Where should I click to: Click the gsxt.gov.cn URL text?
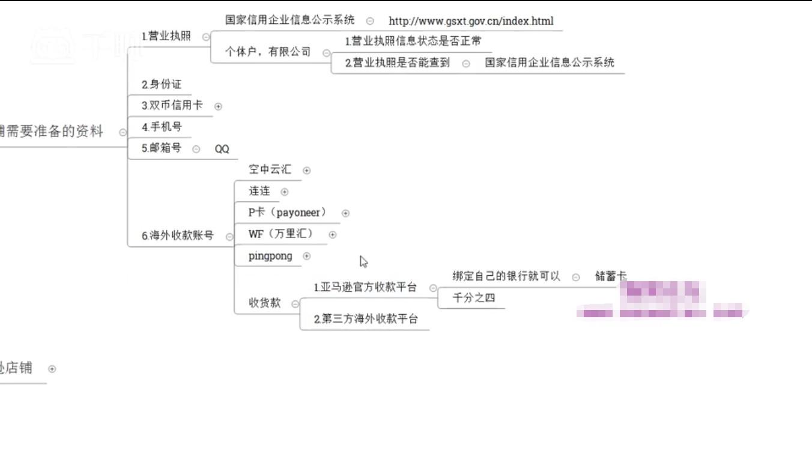point(471,21)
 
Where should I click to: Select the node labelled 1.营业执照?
point(166,36)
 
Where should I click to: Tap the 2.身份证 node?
point(162,85)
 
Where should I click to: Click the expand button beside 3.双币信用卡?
point(218,106)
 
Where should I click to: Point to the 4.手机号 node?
point(162,127)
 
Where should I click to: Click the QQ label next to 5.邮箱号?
point(222,149)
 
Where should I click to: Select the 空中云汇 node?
point(270,170)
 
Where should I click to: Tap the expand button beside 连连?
point(285,192)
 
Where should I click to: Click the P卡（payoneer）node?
point(288,213)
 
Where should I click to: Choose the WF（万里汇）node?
point(280,234)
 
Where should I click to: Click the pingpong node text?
point(270,256)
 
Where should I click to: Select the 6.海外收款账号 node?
point(178,236)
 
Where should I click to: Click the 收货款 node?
point(265,303)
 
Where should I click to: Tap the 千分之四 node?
point(473,298)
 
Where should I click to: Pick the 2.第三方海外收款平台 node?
point(366,319)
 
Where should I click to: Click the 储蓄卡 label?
point(610,276)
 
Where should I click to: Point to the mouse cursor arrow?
point(363,261)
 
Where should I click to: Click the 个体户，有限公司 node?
point(268,52)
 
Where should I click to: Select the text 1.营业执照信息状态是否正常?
point(413,41)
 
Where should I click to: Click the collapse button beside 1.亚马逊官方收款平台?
point(433,288)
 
